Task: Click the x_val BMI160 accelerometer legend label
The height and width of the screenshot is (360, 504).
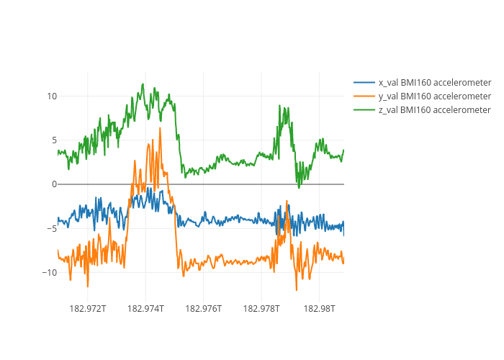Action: [435, 82]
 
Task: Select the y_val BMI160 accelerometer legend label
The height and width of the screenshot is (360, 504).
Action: [435, 96]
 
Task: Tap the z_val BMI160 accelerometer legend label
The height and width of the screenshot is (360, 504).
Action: [435, 109]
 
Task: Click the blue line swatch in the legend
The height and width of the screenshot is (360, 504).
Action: [364, 82]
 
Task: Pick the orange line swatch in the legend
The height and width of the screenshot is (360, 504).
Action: [364, 96]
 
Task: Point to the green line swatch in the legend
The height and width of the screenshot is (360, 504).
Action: [364, 109]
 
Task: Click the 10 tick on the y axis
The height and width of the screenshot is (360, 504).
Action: [52, 96]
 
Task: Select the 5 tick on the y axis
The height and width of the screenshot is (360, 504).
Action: [54, 140]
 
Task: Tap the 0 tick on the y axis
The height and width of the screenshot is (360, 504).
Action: [54, 184]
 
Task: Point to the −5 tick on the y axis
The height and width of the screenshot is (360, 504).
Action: [52, 228]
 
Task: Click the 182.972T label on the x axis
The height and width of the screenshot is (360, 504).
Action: [88, 309]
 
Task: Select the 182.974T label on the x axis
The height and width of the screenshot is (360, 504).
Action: [145, 309]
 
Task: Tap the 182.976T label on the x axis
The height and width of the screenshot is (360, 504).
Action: [204, 309]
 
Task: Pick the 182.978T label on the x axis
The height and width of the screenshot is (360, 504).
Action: [261, 309]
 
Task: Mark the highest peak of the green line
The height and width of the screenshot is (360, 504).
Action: [143, 84]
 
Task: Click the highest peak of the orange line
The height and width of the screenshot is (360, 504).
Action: [160, 128]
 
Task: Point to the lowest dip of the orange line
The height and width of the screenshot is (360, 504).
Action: [296, 289]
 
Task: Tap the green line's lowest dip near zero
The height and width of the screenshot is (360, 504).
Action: [300, 187]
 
